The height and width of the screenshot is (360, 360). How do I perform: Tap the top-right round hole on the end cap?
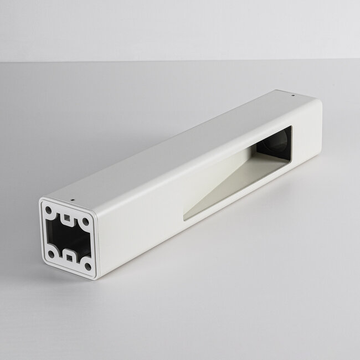click(x=85, y=221)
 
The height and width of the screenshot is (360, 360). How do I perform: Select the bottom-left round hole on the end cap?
click(x=51, y=254)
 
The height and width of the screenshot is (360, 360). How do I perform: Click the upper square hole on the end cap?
click(x=68, y=217)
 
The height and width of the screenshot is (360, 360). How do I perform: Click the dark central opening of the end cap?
click(x=68, y=238)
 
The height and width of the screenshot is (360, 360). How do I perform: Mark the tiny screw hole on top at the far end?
click(x=293, y=95)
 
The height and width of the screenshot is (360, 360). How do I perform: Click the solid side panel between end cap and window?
click(x=138, y=222)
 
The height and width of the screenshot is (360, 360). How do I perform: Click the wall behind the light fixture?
click(x=166, y=28)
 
